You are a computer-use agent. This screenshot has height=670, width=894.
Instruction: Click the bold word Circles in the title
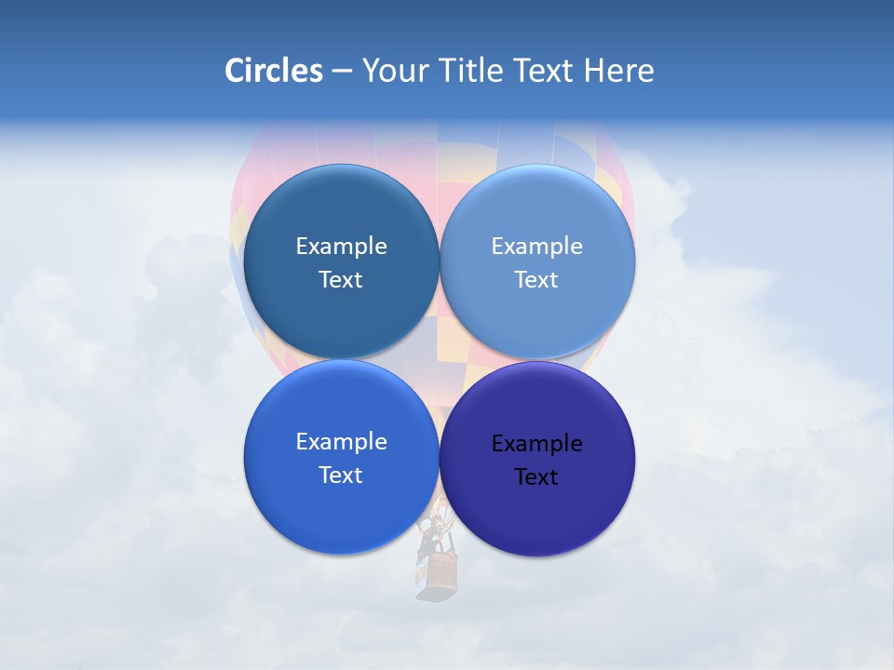274,71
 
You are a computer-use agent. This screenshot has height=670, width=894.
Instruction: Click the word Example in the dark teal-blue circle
341,247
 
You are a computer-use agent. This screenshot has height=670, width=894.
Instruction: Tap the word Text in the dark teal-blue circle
341,279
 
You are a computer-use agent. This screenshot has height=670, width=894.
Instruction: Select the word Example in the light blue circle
536,247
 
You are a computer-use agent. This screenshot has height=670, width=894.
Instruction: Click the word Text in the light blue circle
536,279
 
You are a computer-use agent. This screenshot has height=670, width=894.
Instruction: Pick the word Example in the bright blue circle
341,442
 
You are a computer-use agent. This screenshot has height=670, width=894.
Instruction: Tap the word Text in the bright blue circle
341,475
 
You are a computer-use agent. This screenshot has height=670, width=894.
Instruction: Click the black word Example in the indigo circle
536,444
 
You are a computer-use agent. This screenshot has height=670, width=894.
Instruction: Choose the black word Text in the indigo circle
536,476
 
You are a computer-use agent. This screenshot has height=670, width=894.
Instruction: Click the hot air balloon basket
438,577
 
